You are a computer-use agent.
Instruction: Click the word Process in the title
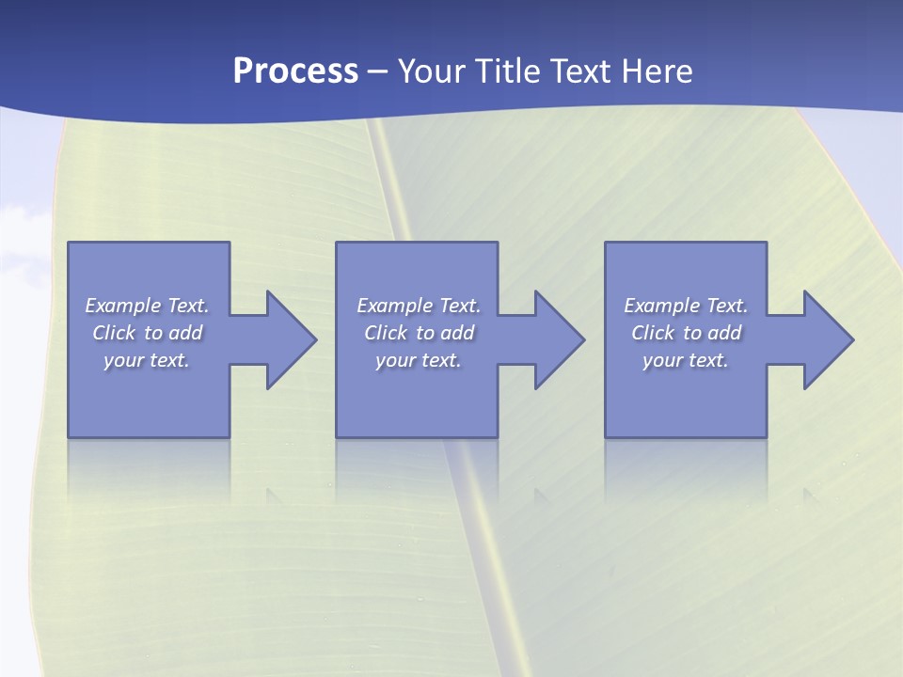click(x=295, y=71)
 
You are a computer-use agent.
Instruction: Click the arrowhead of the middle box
click(x=559, y=339)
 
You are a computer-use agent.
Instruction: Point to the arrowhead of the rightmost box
click(x=828, y=339)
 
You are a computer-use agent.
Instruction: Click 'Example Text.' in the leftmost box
click(x=147, y=306)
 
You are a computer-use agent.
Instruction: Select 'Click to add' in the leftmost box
click(x=147, y=333)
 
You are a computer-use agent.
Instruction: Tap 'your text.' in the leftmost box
click(x=147, y=360)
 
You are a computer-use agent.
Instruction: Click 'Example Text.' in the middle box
click(x=419, y=306)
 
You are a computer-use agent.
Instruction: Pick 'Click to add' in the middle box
click(x=419, y=333)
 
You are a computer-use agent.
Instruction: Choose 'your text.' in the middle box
click(x=419, y=360)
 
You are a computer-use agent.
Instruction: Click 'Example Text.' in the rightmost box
click(x=686, y=306)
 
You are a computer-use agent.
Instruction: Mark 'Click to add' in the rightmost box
click(x=686, y=333)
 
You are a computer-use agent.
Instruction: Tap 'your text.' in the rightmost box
click(x=686, y=360)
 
